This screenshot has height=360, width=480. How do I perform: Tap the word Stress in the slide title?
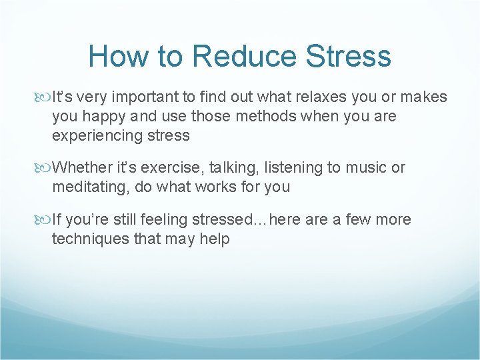click(349, 56)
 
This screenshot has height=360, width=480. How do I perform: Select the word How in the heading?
click(115, 56)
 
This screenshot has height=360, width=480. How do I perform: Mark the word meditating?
click(91, 187)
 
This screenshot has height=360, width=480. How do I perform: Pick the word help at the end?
click(214, 239)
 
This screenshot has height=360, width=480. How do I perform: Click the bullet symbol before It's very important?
click(44, 97)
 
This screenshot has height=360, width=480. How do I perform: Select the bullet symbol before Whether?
click(44, 168)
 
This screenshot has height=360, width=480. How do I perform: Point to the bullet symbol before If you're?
click(44, 219)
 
